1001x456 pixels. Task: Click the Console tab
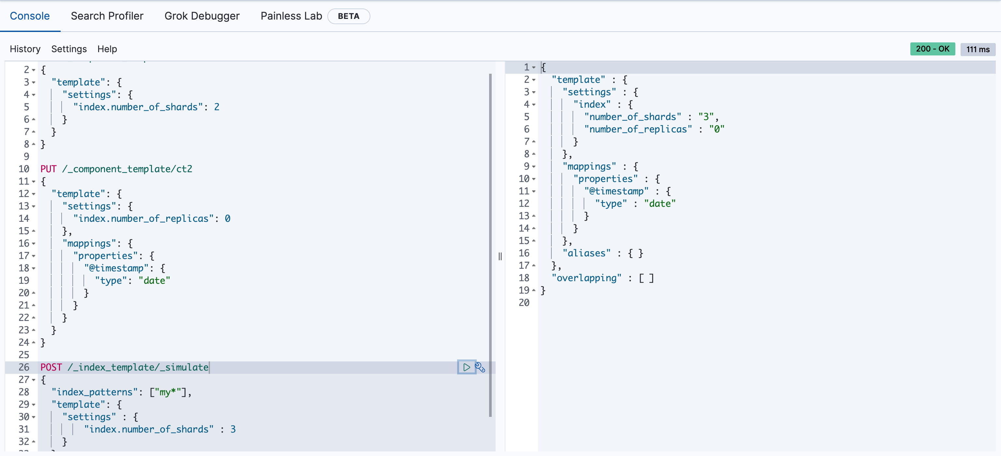(x=30, y=16)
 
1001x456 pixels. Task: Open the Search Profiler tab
(x=107, y=16)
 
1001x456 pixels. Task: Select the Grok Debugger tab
(x=202, y=16)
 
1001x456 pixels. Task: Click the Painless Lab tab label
(x=291, y=16)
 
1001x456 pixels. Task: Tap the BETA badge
(x=348, y=16)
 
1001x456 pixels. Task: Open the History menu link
(x=25, y=49)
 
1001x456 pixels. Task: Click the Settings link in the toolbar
(x=69, y=49)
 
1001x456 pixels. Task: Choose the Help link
(x=107, y=49)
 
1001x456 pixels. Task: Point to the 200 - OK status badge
(x=932, y=49)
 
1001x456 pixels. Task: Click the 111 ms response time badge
(x=978, y=49)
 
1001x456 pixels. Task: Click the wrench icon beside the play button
(x=480, y=367)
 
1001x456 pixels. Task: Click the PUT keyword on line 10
(x=49, y=169)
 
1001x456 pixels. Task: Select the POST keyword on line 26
(x=51, y=367)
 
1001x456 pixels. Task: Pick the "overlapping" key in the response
(x=586, y=278)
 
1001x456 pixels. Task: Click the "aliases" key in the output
(x=586, y=253)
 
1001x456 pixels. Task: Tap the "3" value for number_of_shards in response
(x=706, y=117)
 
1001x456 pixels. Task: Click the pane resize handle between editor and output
(x=500, y=256)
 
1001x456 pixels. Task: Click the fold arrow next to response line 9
(x=534, y=167)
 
